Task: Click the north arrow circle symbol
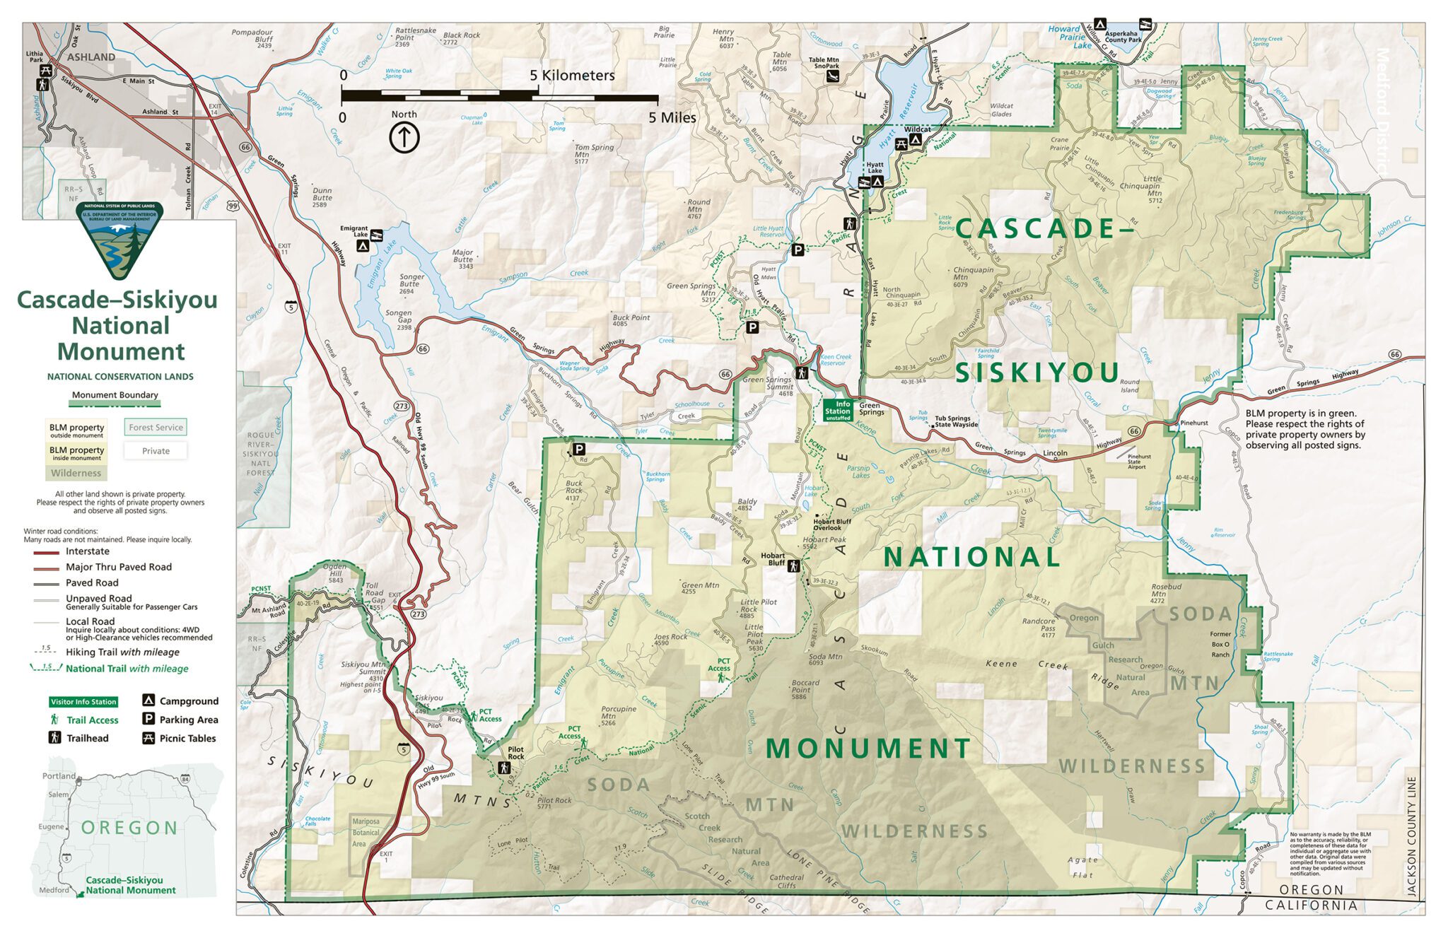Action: (404, 137)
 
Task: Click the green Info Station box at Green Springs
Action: (838, 411)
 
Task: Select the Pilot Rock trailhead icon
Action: (504, 768)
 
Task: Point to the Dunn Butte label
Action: (322, 197)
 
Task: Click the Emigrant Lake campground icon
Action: (363, 246)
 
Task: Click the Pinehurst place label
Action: (1194, 423)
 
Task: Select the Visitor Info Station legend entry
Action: (83, 702)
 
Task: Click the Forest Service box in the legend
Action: (156, 428)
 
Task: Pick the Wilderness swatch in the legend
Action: (76, 473)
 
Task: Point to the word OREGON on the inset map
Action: (129, 828)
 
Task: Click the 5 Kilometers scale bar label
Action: (572, 75)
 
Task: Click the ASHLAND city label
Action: (91, 57)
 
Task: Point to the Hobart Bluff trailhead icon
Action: (793, 565)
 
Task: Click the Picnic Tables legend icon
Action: (148, 739)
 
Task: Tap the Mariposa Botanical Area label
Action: (366, 833)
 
